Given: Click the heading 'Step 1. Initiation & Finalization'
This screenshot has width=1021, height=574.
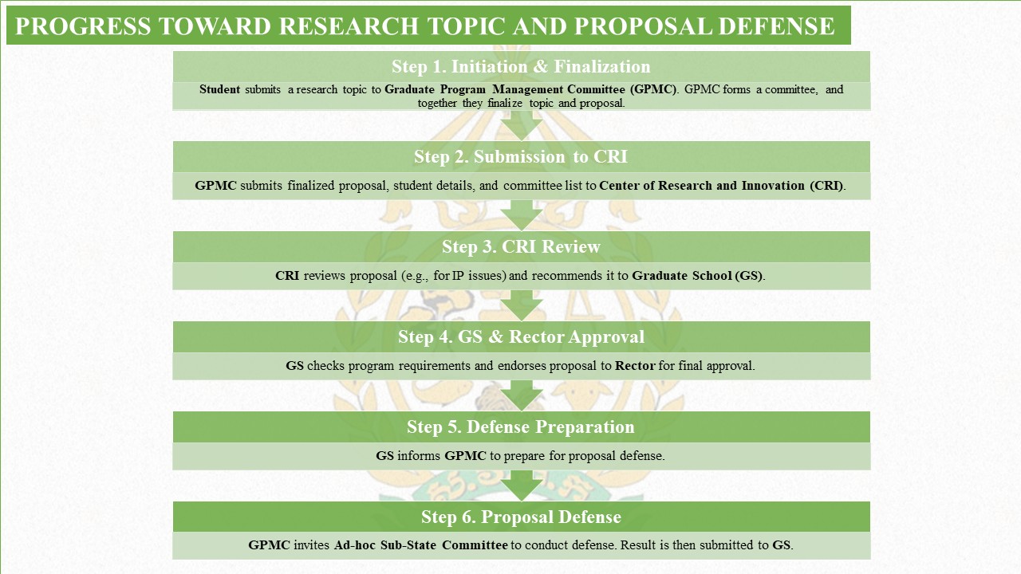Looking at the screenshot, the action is click(521, 66).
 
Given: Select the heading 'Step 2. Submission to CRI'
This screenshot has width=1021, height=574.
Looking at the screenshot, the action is click(521, 157).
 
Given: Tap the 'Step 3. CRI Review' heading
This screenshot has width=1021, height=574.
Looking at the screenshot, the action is click(521, 247).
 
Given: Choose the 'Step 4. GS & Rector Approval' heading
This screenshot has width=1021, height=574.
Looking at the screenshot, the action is click(521, 337).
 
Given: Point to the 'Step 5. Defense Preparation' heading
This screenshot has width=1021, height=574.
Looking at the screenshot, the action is click(521, 427).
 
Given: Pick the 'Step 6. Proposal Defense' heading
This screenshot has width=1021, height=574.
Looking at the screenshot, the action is click(521, 517).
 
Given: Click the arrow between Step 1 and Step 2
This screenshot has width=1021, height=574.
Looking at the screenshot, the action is click(522, 126).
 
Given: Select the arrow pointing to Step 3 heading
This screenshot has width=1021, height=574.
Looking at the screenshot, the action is click(522, 215).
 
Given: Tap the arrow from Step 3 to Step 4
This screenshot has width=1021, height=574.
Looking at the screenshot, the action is click(522, 305).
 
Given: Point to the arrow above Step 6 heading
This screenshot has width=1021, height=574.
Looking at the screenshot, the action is click(522, 486).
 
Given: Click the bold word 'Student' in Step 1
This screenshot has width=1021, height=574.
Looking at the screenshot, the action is click(219, 89).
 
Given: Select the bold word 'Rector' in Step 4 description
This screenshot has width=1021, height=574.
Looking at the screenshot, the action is click(635, 366).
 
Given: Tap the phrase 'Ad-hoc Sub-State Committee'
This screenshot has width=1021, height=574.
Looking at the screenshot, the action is click(420, 545).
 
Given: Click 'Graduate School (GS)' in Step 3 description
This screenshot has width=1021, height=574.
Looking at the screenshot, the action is click(697, 276).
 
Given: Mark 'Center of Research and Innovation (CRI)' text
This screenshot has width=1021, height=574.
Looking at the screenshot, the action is click(721, 186).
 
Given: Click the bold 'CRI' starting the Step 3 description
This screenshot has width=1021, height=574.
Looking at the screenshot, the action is click(287, 276).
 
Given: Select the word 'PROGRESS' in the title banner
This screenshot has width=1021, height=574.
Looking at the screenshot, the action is click(83, 26).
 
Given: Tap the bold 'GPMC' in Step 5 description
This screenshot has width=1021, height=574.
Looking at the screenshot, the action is click(465, 456).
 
